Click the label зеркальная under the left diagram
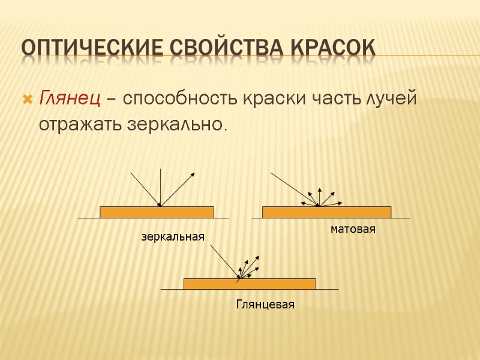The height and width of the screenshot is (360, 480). [173, 237]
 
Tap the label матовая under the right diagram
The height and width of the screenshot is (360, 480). [353, 229]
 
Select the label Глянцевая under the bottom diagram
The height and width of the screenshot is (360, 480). [265, 305]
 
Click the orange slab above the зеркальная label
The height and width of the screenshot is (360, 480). [157, 212]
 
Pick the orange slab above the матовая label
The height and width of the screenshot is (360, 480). [326, 212]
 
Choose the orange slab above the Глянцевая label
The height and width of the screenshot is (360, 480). [250, 284]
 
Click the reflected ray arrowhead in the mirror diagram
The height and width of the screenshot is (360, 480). [193, 174]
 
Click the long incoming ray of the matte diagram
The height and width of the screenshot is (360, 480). [294, 189]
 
